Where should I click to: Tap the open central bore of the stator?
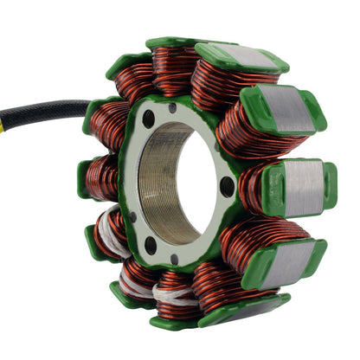186,186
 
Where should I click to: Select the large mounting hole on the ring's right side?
227,183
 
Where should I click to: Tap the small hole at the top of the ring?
173,108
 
